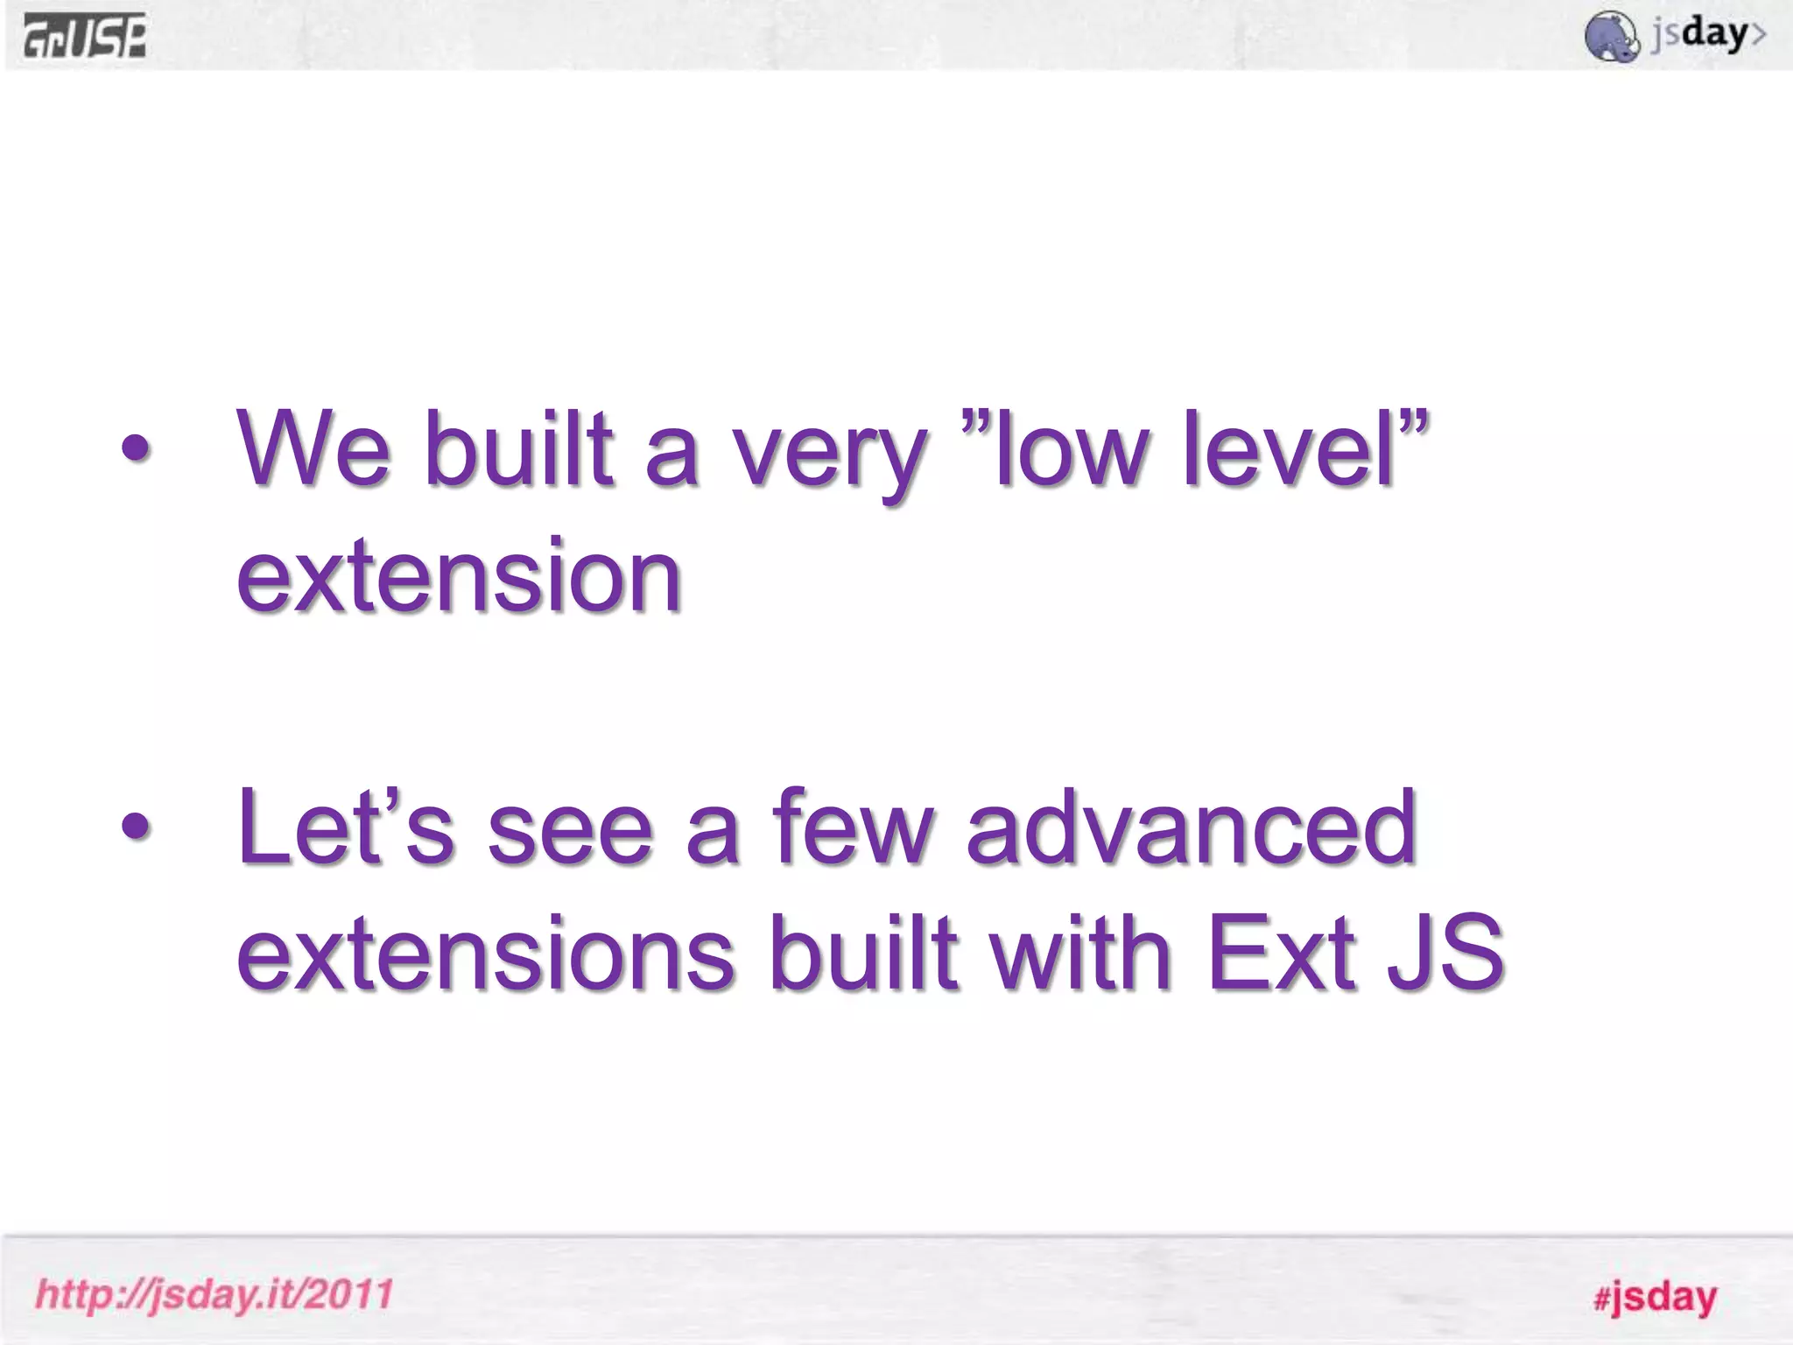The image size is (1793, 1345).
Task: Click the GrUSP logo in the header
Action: point(85,38)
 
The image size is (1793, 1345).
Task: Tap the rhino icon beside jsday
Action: point(1611,37)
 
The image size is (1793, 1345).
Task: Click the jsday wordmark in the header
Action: point(1707,35)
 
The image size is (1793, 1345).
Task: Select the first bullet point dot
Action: point(136,450)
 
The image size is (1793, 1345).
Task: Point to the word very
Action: point(828,455)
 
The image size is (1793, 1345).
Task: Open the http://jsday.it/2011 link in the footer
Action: point(214,1294)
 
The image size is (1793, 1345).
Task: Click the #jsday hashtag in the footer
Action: point(1655,1297)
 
